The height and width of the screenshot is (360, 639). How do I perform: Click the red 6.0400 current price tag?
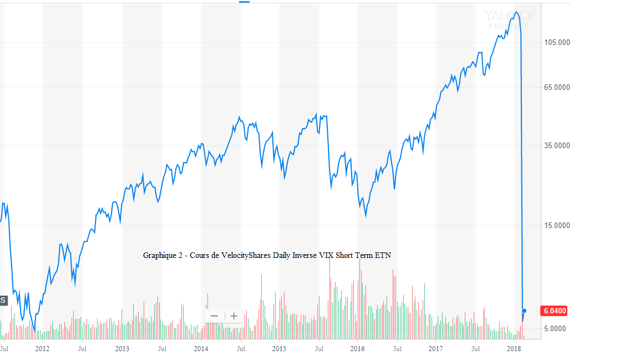tap(554, 311)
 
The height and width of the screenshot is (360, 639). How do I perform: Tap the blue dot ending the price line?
tap(524, 311)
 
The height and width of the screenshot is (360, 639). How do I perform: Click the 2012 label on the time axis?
tap(42, 349)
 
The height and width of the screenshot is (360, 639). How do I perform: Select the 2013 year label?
tap(122, 349)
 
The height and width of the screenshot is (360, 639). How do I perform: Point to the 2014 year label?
tap(201, 349)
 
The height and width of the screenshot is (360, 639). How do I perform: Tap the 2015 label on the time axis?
tap(279, 349)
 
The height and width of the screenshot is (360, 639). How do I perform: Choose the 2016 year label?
tap(358, 349)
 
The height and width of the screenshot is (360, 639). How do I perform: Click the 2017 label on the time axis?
tap(436, 349)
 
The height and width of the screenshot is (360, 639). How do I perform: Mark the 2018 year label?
tap(515, 349)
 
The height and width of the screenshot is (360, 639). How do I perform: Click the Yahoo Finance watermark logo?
tap(509, 19)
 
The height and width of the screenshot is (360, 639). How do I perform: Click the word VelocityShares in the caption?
tap(246, 255)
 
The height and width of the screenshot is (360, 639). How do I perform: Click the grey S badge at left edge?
tap(3, 300)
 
